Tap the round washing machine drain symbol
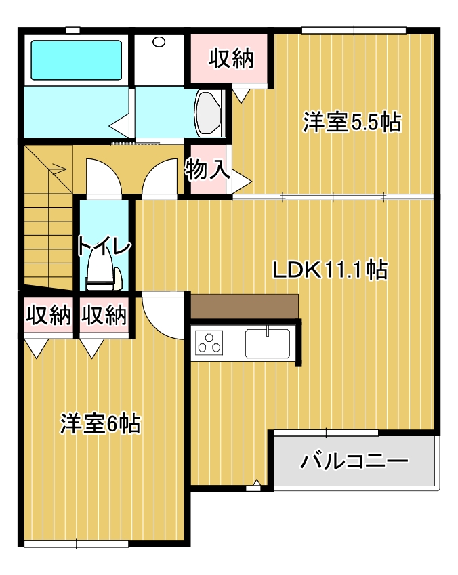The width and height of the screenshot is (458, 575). point(159,42)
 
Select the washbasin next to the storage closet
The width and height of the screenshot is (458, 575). point(208,112)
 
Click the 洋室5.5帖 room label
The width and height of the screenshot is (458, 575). point(352,123)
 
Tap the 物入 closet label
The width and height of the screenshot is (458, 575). point(207,169)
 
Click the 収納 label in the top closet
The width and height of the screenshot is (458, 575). point(230,59)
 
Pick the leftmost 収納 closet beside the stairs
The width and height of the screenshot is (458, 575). point(48,315)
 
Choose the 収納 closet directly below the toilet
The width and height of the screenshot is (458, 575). point(104,315)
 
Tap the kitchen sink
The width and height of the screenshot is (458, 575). point(268,343)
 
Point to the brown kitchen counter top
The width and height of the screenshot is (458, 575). point(245,306)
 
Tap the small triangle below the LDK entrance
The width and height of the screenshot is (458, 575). point(256,483)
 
